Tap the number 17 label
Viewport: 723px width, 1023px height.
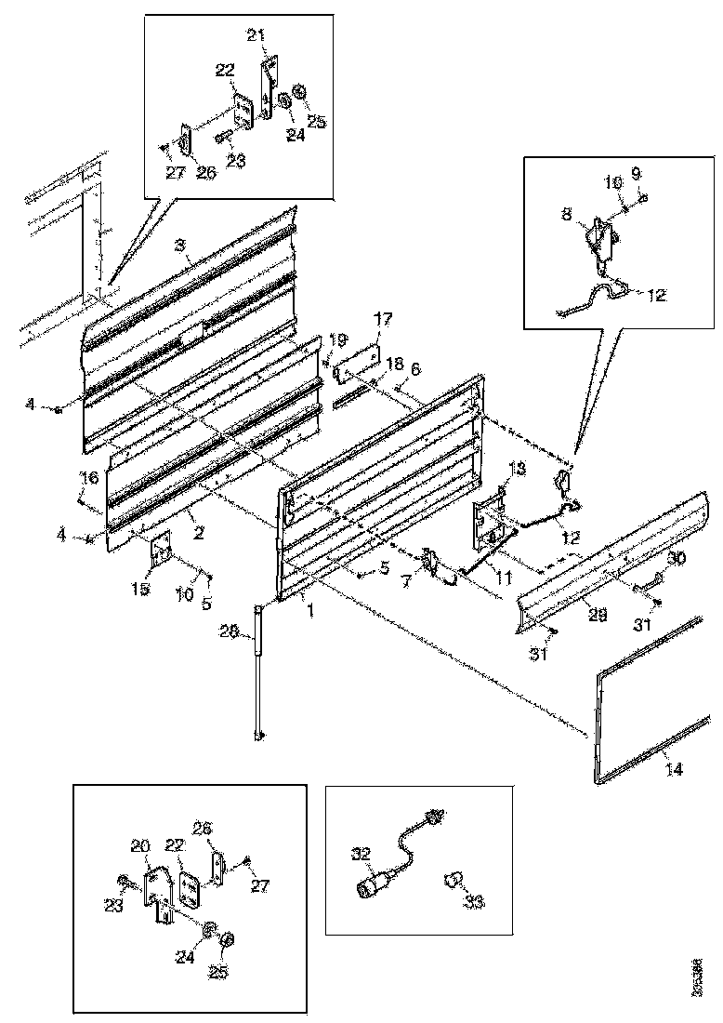[x=383, y=318]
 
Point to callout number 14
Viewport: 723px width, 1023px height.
[x=673, y=769]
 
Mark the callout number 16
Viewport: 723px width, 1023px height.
[x=89, y=477]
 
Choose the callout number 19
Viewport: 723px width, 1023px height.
[x=336, y=339]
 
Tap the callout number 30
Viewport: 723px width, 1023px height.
[x=676, y=558]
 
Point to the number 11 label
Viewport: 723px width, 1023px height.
[x=503, y=578]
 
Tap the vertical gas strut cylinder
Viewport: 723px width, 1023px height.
[x=258, y=670]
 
